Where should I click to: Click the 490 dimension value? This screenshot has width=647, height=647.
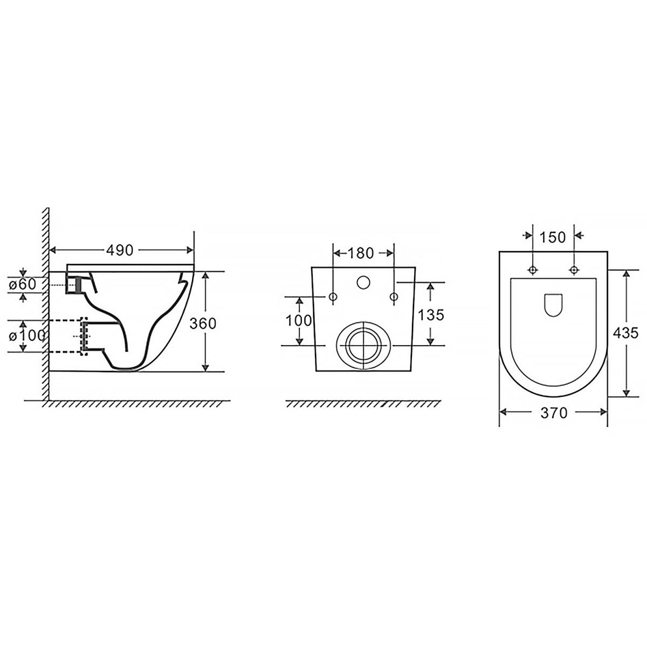(x=120, y=250)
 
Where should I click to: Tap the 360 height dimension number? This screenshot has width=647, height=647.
(x=203, y=323)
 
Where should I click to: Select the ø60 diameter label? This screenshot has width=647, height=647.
(x=23, y=285)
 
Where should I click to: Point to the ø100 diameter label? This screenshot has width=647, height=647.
(x=27, y=335)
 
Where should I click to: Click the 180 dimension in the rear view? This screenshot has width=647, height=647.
(x=360, y=253)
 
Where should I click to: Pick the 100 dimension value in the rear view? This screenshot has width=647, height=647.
(x=299, y=321)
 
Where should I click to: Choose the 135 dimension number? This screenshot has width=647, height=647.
(x=431, y=315)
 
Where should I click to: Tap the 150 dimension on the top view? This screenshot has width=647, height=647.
(x=553, y=238)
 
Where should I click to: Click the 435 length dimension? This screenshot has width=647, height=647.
(x=625, y=333)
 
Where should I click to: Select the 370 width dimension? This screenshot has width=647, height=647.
(x=554, y=414)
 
